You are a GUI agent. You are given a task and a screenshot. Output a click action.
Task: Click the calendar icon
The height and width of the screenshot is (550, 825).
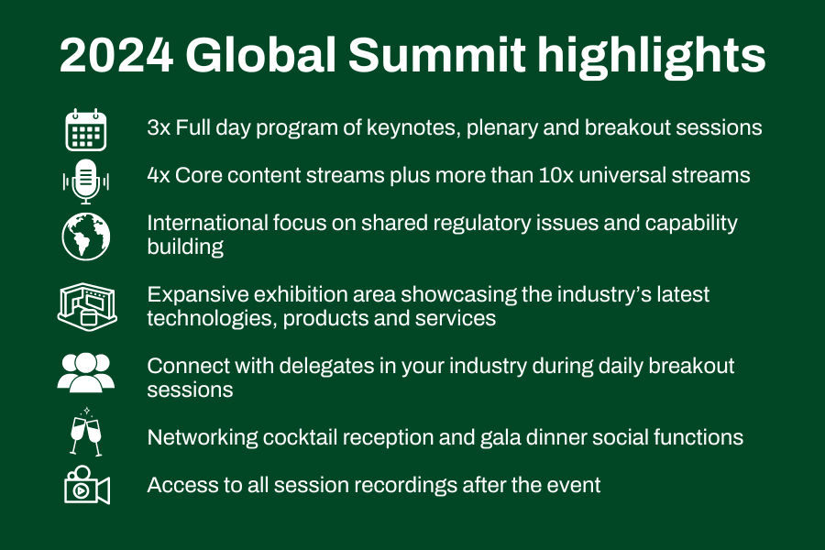point(86,130)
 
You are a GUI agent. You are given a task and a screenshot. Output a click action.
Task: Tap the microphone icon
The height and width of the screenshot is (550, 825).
point(86,181)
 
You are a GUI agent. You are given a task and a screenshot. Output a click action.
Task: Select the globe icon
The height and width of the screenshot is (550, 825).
point(86,236)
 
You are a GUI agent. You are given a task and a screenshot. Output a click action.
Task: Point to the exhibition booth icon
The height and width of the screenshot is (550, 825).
point(87,307)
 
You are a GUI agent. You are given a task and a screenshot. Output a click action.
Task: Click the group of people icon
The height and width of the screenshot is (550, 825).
point(86,373)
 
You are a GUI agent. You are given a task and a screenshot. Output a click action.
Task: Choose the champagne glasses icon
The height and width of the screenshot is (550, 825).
point(86,432)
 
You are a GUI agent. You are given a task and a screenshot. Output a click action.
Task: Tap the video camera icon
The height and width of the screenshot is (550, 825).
point(87,485)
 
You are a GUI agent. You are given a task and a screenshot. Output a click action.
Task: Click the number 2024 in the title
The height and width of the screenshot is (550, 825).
point(116,55)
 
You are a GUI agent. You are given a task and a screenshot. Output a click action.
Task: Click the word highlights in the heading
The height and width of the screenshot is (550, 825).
point(651,57)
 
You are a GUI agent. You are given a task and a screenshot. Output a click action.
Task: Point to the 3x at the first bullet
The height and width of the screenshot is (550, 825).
point(159,128)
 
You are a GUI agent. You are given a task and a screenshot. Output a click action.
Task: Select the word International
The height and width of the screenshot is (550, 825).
point(208,223)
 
